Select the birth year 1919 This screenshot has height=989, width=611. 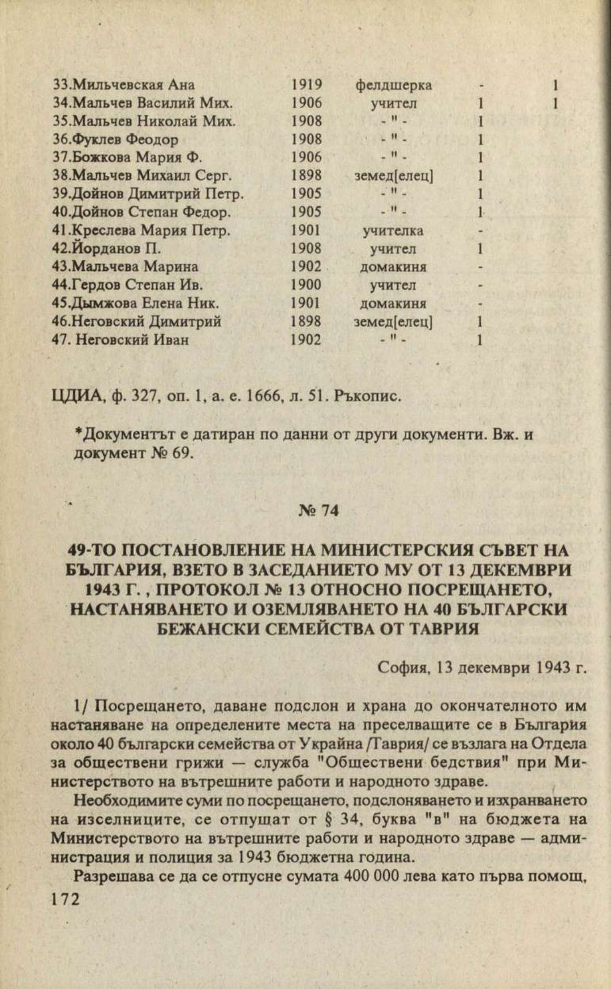click(x=306, y=85)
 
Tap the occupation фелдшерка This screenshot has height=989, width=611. click(x=393, y=85)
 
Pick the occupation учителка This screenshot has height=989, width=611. click(x=393, y=231)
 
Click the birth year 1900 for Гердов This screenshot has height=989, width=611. click(x=306, y=285)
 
